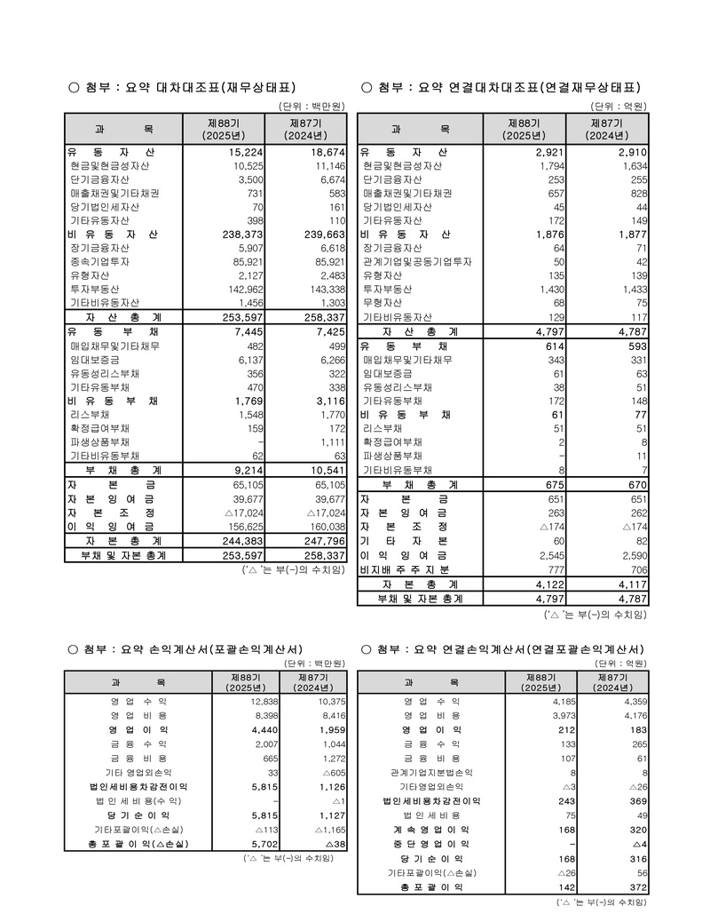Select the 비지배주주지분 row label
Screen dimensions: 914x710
[405, 568]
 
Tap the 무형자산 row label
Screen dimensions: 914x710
[383, 303]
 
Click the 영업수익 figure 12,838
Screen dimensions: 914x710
[241, 701]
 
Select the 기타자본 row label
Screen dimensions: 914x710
[405, 540]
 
